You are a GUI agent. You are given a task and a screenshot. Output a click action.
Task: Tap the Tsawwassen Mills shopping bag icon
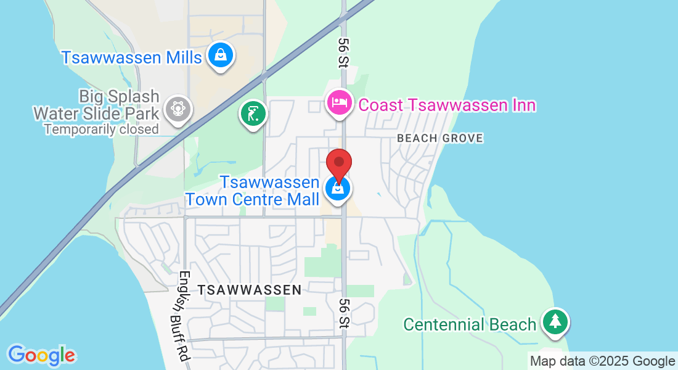(x=220, y=55)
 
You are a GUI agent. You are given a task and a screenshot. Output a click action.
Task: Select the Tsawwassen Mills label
(x=131, y=57)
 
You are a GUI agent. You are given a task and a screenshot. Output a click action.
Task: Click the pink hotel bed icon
(x=338, y=102)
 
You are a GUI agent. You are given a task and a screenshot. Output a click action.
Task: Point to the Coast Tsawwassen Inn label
(x=447, y=105)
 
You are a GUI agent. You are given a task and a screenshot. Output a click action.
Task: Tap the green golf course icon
(x=253, y=113)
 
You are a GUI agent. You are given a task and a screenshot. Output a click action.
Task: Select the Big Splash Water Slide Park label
(x=97, y=105)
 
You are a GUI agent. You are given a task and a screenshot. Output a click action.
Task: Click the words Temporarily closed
(x=101, y=129)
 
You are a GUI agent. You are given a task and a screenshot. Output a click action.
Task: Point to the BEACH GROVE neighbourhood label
(x=440, y=138)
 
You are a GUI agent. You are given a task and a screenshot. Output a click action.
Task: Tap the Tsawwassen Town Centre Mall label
(x=253, y=191)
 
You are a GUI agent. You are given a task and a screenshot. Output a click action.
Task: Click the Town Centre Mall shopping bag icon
(x=338, y=188)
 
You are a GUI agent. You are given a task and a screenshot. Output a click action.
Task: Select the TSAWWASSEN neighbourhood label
(x=249, y=289)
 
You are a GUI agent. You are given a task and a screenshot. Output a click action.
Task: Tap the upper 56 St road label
(x=343, y=52)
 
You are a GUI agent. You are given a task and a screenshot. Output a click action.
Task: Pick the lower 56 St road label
(x=344, y=313)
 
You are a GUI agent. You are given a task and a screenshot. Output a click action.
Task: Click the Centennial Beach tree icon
(x=555, y=321)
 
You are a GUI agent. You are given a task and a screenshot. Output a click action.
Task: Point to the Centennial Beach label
(x=470, y=324)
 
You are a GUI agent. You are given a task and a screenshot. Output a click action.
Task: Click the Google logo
(x=41, y=355)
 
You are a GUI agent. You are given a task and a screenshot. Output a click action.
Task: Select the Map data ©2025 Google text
(x=603, y=361)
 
